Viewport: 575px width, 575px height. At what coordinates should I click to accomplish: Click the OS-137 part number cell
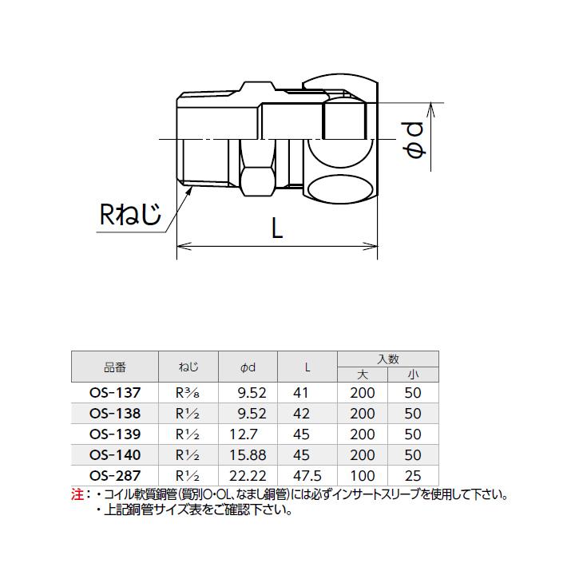tap(115, 393)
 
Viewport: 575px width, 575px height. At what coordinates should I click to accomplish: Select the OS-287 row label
tap(115, 476)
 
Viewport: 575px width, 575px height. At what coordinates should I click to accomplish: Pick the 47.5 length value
tap(307, 476)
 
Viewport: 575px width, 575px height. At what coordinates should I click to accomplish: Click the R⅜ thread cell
tap(188, 393)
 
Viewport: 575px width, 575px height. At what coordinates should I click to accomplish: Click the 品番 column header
tap(115, 368)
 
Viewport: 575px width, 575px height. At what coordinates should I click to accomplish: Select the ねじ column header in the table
tap(188, 368)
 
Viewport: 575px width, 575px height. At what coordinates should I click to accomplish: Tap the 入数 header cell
tap(388, 359)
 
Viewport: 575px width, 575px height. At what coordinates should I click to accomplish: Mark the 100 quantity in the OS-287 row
tap(362, 476)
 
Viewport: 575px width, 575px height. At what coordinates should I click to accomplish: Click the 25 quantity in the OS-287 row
tap(413, 476)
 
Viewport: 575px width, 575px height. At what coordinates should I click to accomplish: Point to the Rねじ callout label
tap(130, 214)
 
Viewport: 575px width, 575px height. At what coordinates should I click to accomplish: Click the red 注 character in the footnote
tap(77, 495)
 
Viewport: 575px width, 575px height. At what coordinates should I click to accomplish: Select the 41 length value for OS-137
tap(300, 393)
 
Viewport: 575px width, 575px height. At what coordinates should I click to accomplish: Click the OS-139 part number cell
tap(115, 434)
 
